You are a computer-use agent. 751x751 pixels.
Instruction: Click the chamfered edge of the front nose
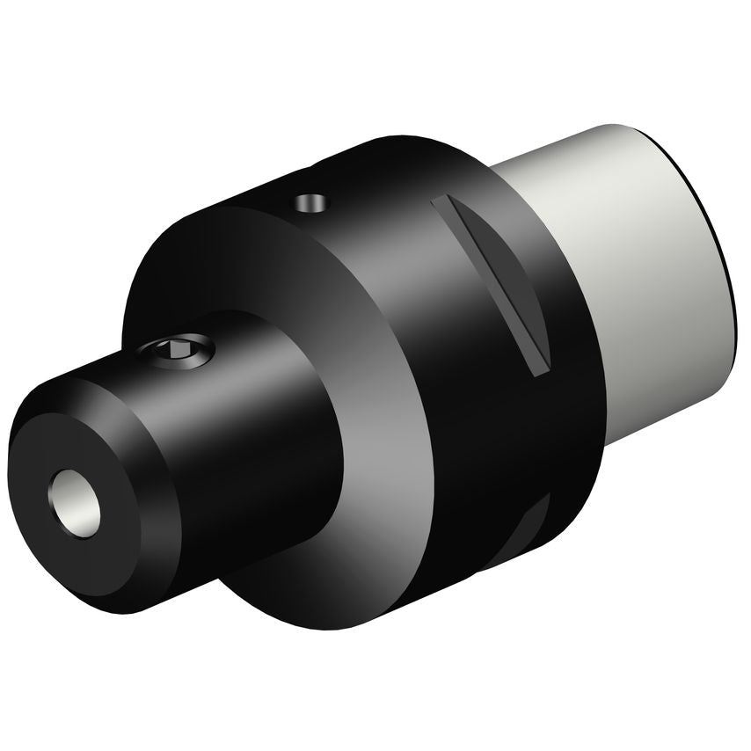point(149,563)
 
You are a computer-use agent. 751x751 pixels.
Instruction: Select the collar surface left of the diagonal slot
point(387,246)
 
